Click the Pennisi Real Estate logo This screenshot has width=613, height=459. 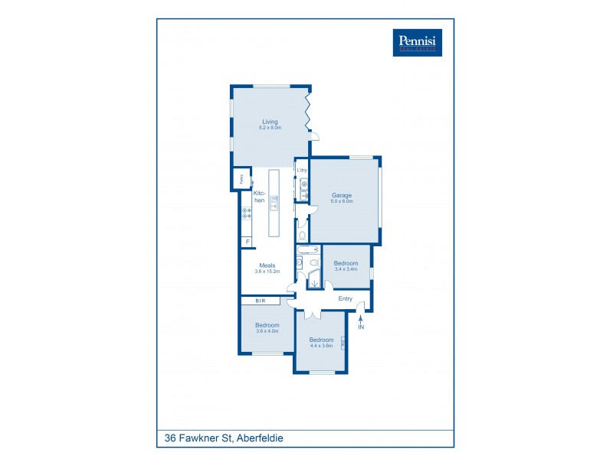coord(417,42)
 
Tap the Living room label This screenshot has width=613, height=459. coord(270,122)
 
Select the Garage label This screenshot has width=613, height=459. coord(342,195)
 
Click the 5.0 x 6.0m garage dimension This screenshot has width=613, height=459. coord(342,201)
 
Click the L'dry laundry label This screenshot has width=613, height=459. coord(302,170)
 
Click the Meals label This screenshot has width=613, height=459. coord(267,265)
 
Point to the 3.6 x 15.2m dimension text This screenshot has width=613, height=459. coord(267,272)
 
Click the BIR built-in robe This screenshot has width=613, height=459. coord(261,301)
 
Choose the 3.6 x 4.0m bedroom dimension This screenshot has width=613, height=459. coord(267,331)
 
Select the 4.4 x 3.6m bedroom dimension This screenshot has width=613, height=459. coord(320,346)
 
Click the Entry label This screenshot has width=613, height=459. coord(346,298)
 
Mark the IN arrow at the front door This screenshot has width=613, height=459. coord(361,321)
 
